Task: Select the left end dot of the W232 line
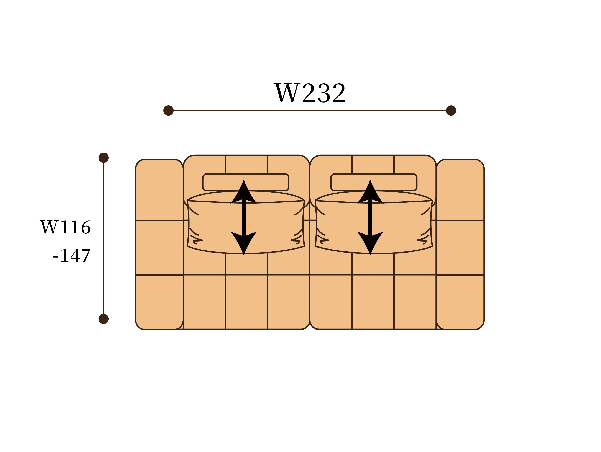pos(168,111)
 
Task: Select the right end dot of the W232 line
pos(451,111)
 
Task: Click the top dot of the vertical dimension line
pos(103,158)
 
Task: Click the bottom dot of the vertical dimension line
pos(103,319)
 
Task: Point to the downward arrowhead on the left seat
pos(244,242)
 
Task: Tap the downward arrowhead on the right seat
pos(370,242)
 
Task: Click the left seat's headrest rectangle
pos(217,182)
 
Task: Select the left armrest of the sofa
pos(159,244)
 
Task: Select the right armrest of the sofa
pos(460,244)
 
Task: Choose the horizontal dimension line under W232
pos(310,111)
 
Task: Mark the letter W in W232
pos(287,93)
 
